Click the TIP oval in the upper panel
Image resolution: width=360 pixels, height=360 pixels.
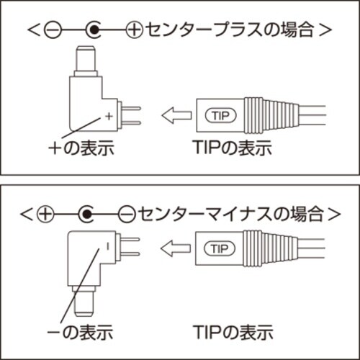click(x=220, y=114)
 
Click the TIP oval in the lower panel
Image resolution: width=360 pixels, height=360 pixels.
click(x=220, y=249)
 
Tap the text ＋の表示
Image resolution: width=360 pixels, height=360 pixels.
click(x=83, y=149)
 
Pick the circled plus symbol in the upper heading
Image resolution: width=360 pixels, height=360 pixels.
click(x=134, y=30)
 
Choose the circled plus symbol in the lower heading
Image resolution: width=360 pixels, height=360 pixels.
click(x=46, y=213)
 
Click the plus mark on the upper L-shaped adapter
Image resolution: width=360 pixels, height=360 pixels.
click(x=109, y=115)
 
